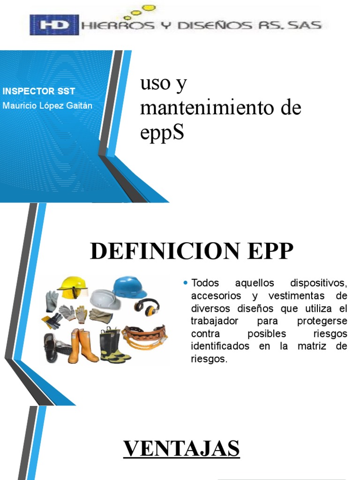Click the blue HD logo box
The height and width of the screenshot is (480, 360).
click(53, 25)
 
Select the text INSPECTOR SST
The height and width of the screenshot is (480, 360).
click(39, 91)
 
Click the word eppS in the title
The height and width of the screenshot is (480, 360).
click(162, 133)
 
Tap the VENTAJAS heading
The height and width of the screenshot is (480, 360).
click(181, 449)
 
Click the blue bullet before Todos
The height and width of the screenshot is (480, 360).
click(186, 283)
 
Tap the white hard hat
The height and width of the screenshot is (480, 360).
click(105, 299)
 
